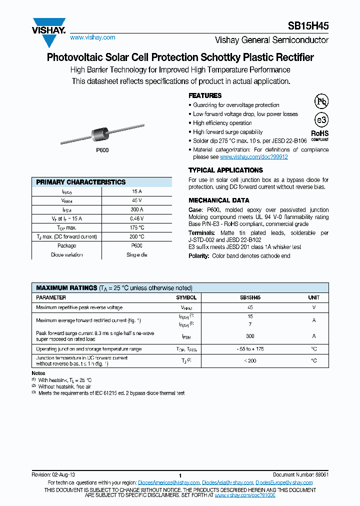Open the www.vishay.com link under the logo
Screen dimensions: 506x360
tap(92, 37)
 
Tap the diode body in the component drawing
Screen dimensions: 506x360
tap(101, 133)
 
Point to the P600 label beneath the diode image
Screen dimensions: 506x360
tap(102, 150)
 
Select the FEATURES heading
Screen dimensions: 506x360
tap(205, 95)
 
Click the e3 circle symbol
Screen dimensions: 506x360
tap(320, 120)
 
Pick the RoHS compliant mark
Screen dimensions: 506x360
tap(320, 135)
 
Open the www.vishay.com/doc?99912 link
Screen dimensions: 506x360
tap(254, 157)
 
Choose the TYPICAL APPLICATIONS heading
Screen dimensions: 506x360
tap(225, 170)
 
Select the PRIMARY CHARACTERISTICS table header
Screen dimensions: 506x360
tap(81, 182)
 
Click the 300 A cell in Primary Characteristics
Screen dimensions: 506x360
tap(137, 209)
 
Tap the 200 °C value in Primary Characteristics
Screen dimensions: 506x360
tap(137, 236)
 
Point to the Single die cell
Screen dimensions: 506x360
tap(137, 254)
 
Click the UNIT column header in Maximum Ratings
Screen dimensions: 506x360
tap(313, 297)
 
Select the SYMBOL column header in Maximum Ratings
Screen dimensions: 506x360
tap(186, 297)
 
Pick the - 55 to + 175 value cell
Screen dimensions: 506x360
tap(250, 349)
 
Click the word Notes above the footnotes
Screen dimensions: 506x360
tap(38, 373)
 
